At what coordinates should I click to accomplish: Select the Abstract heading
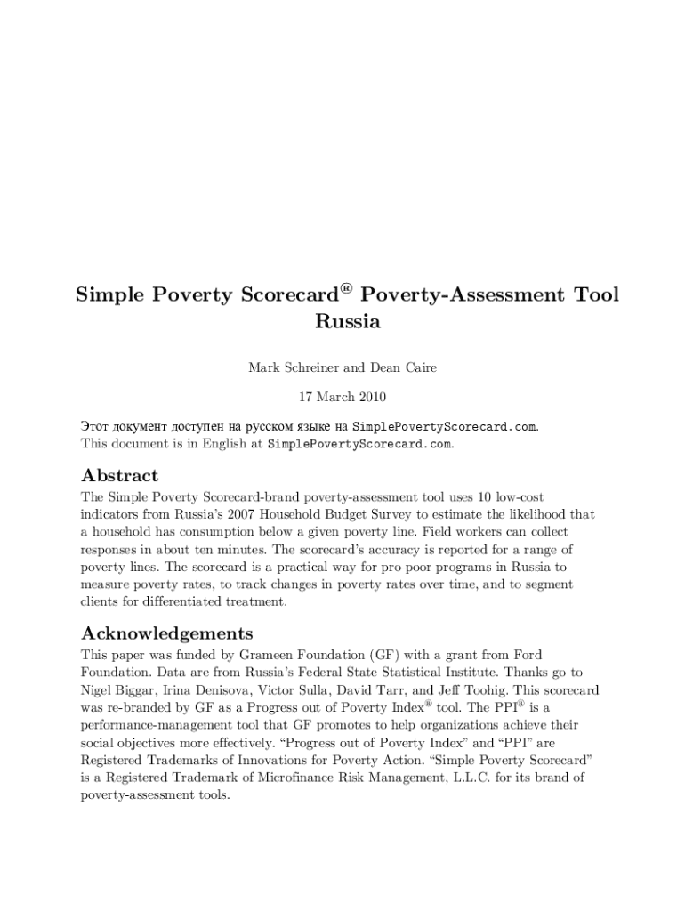120,475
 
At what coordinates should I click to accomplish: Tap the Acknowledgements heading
167,633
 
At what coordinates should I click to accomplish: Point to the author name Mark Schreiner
290,368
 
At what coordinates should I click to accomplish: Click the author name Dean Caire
407,368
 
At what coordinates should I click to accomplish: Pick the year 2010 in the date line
369,397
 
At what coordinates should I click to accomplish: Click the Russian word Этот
96,426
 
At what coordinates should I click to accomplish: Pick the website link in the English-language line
359,443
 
